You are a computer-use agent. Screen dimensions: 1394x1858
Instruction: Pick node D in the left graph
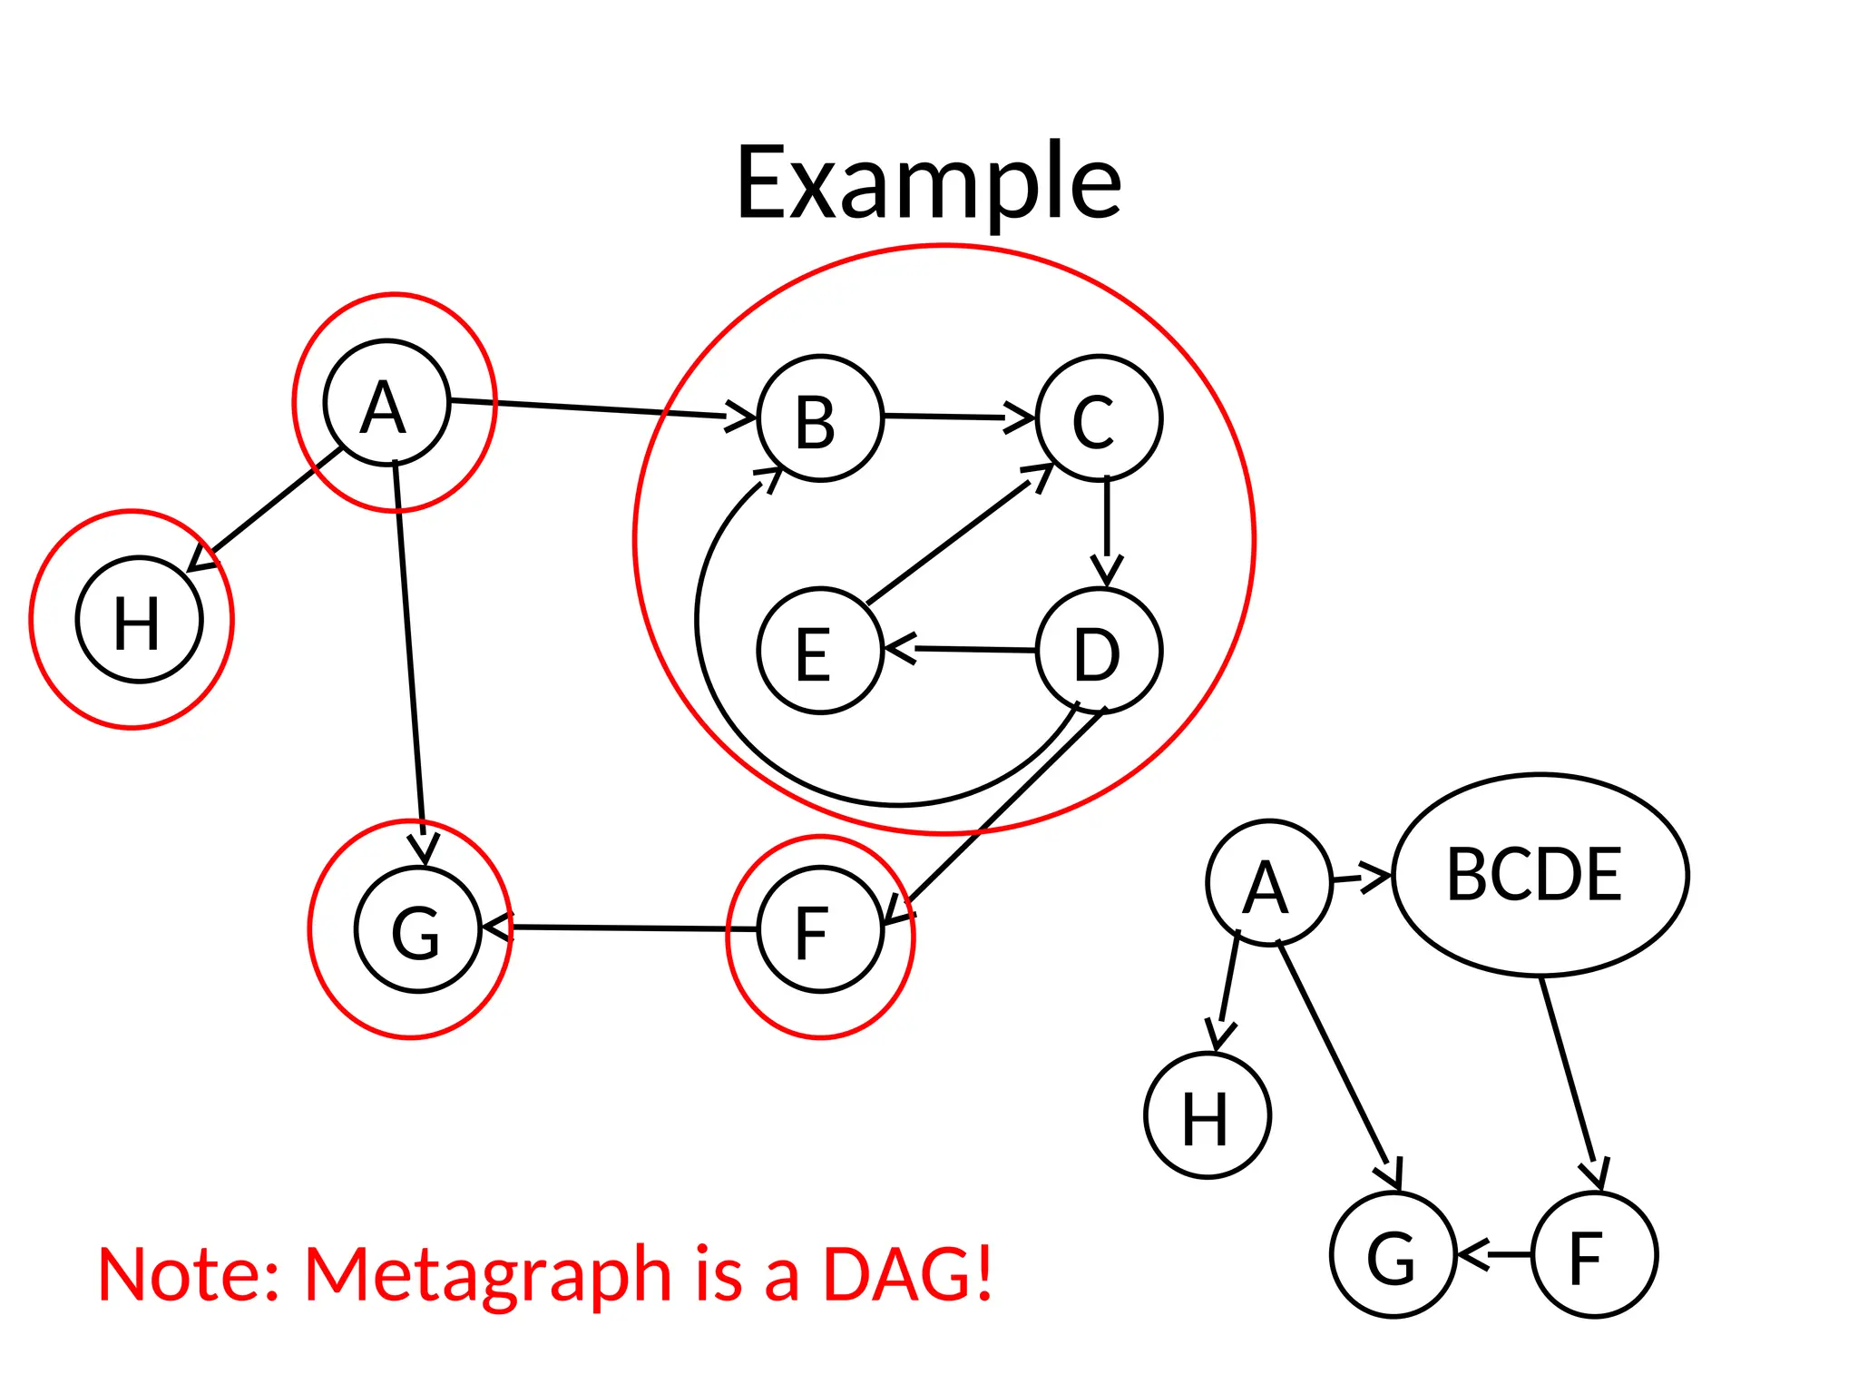pyautogui.click(x=1099, y=651)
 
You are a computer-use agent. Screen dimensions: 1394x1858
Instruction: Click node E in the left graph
pyautogui.click(x=820, y=651)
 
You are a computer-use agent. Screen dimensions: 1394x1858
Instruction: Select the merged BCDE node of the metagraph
pyautogui.click(x=1540, y=875)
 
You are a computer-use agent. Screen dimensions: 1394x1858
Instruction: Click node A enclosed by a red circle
pyautogui.click(x=386, y=403)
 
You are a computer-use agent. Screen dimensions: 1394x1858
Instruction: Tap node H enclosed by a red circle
pyautogui.click(x=139, y=620)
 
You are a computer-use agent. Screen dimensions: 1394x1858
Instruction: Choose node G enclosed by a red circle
pyautogui.click(x=417, y=929)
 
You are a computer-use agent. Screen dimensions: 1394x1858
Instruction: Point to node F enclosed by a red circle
pyautogui.click(x=820, y=929)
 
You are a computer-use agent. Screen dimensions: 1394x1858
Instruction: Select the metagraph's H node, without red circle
pyautogui.click(x=1208, y=1115)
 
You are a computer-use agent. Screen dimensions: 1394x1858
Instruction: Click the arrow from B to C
pyautogui.click(x=957, y=417)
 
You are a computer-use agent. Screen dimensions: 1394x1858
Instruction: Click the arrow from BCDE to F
pyautogui.click(x=1570, y=1080)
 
